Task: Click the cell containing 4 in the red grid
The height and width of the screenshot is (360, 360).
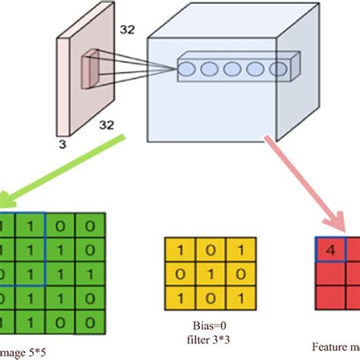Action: coord(330,249)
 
